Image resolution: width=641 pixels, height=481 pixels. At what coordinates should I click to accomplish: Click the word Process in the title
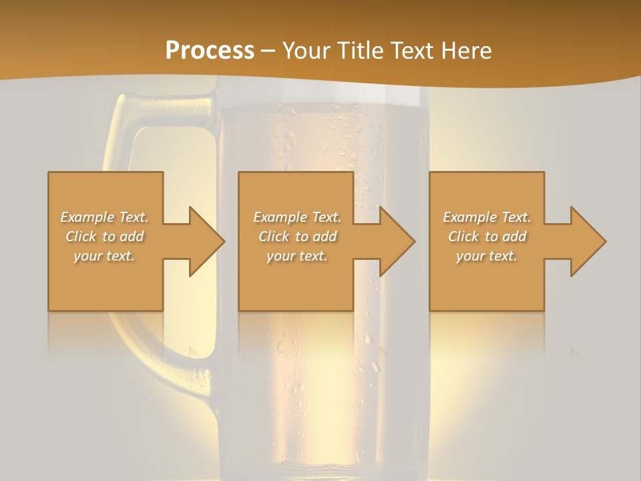pyautogui.click(x=210, y=51)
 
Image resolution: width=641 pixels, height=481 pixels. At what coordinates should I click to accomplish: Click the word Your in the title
pyautogui.click(x=306, y=51)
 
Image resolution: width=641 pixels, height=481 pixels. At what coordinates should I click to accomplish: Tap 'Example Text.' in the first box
pyautogui.click(x=104, y=217)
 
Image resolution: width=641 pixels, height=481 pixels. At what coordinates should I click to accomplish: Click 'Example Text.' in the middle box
pyautogui.click(x=297, y=217)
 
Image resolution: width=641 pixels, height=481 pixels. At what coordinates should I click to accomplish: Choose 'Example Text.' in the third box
pyautogui.click(x=487, y=217)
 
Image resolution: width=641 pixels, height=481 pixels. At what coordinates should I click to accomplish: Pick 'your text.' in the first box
pyautogui.click(x=104, y=256)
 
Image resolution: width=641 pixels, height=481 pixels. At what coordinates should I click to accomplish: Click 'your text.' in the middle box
pyautogui.click(x=297, y=256)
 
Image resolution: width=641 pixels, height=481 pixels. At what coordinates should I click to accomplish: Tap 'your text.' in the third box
pyautogui.click(x=487, y=256)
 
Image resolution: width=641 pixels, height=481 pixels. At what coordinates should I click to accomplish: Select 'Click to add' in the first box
pyautogui.click(x=104, y=236)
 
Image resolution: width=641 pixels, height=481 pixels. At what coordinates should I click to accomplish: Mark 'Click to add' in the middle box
pyautogui.click(x=297, y=236)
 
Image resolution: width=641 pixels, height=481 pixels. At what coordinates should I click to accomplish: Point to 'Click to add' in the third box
pyautogui.click(x=487, y=236)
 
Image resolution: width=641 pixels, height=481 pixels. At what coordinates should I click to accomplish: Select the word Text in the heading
pyautogui.click(x=410, y=51)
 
